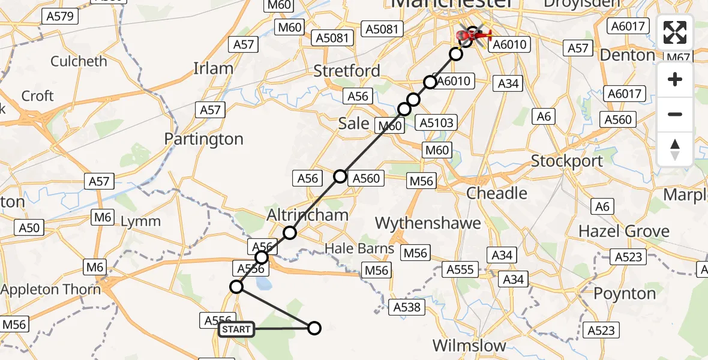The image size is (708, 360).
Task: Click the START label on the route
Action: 236,329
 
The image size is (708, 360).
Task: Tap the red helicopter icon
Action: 475,36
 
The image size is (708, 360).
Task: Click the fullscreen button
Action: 675,32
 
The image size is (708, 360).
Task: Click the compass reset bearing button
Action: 675,149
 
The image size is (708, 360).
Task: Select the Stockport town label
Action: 567,161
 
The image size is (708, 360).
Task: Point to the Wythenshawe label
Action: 428,223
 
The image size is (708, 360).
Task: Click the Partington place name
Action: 204,139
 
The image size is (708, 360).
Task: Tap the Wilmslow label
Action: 469,346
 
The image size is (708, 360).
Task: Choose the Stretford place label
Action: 347,71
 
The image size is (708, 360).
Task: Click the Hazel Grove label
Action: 623,231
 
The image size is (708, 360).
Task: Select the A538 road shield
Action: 406,308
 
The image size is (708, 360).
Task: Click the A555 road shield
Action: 460,270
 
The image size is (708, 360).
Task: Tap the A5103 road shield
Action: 437,123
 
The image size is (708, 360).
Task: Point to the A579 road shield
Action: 61,16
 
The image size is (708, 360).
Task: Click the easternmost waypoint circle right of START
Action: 314,328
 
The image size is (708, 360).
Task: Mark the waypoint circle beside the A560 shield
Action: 340,176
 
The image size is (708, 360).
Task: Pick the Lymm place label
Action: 140,221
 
